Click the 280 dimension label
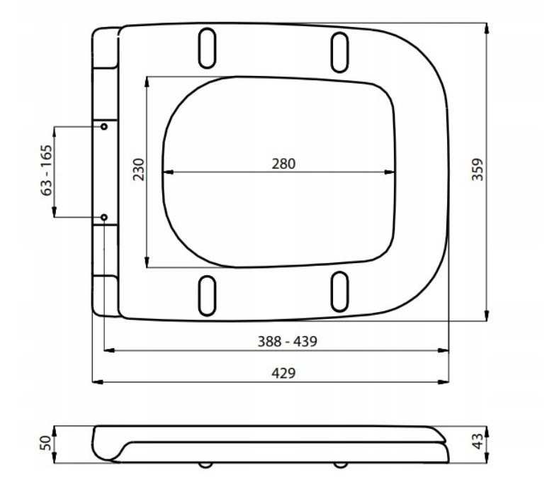pos(283,164)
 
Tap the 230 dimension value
pos(139,169)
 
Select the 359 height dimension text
pos(478,169)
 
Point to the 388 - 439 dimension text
pos(288,341)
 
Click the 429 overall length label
pos(283,373)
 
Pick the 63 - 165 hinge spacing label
pos(46,170)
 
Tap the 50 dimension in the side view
pos(46,443)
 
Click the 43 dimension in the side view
pos(478,441)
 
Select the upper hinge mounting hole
pos(104,126)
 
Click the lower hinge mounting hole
pos(104,217)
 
